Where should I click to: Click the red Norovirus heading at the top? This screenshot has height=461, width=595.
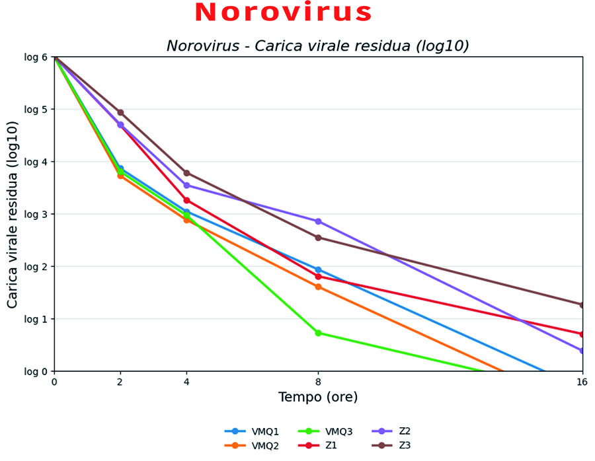click(x=283, y=13)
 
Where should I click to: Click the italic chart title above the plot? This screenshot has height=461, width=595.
click(x=318, y=46)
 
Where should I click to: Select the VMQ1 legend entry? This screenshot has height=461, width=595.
click(x=252, y=431)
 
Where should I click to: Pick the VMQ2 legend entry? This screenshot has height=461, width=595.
click(x=252, y=445)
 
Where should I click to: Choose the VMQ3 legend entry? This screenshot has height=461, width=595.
click(x=325, y=431)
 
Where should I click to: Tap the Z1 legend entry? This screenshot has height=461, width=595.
click(x=317, y=445)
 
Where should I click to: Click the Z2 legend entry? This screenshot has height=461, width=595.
click(x=391, y=431)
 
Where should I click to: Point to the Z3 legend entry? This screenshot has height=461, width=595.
click(x=391, y=445)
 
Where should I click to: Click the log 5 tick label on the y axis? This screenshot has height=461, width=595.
click(x=36, y=110)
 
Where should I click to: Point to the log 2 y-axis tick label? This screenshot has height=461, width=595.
click(x=36, y=267)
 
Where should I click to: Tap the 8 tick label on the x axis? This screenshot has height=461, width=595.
click(x=318, y=382)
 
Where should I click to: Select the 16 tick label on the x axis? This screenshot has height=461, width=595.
click(x=582, y=382)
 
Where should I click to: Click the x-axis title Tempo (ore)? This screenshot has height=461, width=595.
click(x=318, y=398)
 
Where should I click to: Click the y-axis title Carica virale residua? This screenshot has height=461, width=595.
click(x=12, y=215)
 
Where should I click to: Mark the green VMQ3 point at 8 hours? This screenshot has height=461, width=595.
click(x=318, y=334)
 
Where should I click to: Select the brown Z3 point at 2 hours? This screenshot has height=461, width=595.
click(x=120, y=112)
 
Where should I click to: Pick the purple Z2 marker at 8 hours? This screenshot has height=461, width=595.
click(x=318, y=221)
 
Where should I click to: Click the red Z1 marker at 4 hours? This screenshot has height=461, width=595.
click(x=186, y=200)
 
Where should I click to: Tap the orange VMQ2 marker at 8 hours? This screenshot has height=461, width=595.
click(x=318, y=287)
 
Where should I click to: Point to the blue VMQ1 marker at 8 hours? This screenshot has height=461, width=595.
click(x=318, y=270)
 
